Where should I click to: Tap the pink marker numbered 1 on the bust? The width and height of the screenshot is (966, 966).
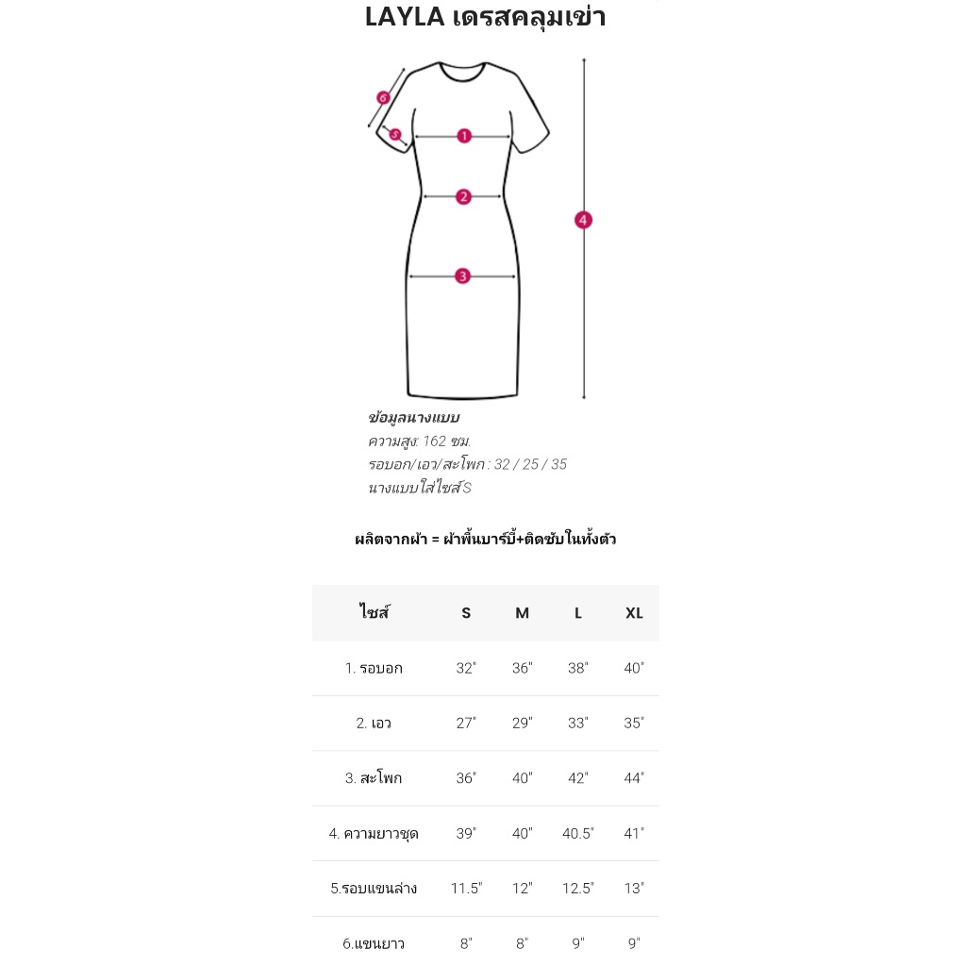tap(463, 136)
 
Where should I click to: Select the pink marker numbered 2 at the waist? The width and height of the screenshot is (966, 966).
tap(463, 196)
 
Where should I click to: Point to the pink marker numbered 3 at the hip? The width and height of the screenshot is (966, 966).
tap(462, 276)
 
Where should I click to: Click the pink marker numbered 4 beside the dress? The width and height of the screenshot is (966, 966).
tap(583, 220)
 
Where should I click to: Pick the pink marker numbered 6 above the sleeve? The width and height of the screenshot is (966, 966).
tap(383, 97)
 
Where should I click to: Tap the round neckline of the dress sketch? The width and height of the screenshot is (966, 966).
tap(463, 72)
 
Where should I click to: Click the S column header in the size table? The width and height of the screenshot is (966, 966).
tap(466, 613)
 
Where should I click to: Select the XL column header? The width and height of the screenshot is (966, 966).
tap(634, 613)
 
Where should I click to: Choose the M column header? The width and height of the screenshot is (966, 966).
tap(522, 613)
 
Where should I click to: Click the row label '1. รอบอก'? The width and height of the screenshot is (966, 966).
tap(374, 669)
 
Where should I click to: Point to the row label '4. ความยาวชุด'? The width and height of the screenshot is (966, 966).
tap(374, 834)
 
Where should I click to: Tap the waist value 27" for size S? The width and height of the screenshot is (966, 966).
tap(466, 724)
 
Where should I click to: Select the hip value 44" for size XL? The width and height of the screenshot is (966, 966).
tap(634, 778)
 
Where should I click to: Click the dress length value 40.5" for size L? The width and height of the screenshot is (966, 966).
tap(577, 834)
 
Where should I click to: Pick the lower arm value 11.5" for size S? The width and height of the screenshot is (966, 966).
tap(466, 889)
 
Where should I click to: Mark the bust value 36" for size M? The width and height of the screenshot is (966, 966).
tap(522, 669)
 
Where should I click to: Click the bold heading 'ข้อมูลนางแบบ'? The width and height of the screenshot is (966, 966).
tap(413, 418)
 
